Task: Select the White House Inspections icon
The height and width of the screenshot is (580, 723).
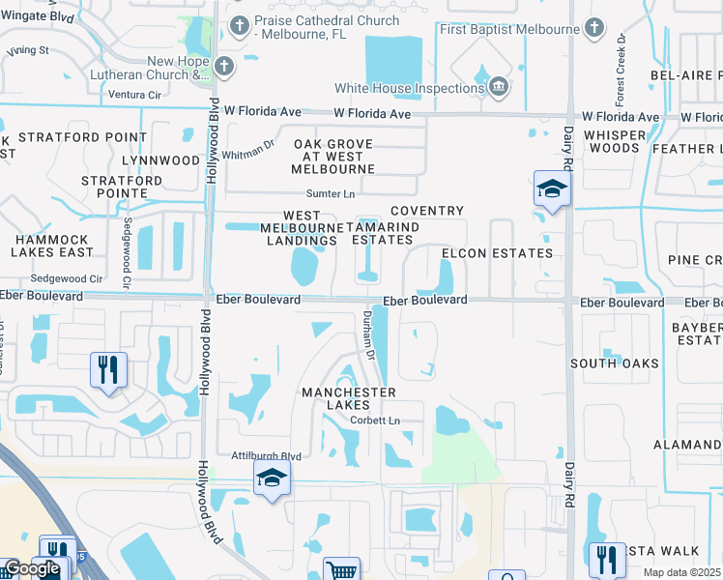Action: click(x=499, y=88)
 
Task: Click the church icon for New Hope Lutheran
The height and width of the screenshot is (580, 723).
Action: click(x=224, y=67)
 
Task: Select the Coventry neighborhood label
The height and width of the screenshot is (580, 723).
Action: click(x=426, y=211)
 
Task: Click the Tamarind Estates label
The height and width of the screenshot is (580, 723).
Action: click(x=383, y=233)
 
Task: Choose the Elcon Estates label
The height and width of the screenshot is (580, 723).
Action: click(x=497, y=253)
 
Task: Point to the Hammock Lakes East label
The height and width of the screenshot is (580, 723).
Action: click(x=53, y=246)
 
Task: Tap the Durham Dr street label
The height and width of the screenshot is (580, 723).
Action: click(x=368, y=334)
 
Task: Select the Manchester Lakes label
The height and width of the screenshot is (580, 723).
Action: click(x=348, y=399)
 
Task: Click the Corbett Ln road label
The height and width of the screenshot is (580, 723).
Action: click(x=374, y=420)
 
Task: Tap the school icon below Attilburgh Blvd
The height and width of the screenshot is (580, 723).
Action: click(x=272, y=478)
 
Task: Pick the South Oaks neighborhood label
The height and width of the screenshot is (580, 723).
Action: click(x=614, y=363)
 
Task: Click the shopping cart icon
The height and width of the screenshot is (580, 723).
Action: click(x=342, y=570)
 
